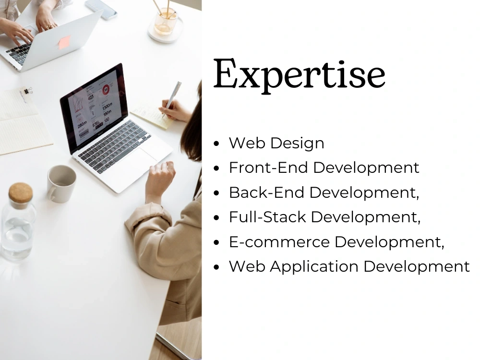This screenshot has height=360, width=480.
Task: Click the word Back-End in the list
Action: [x=266, y=192]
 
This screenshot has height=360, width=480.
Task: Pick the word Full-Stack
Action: [x=267, y=217]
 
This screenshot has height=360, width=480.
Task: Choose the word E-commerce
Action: [x=279, y=241]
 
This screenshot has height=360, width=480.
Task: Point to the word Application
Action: [x=314, y=266]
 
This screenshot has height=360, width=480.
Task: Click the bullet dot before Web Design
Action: [x=217, y=144]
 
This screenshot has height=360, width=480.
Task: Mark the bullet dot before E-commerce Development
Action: [x=217, y=242]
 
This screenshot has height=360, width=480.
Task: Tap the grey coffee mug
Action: [x=61, y=184]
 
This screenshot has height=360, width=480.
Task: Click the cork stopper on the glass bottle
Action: [x=21, y=192]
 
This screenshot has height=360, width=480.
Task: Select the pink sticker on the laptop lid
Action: [x=64, y=42]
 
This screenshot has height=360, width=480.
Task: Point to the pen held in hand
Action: [x=172, y=97]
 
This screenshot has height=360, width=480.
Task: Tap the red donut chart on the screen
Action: [x=106, y=89]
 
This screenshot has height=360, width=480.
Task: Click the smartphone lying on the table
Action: [x=101, y=9]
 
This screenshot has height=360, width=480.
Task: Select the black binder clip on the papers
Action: [x=27, y=91]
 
